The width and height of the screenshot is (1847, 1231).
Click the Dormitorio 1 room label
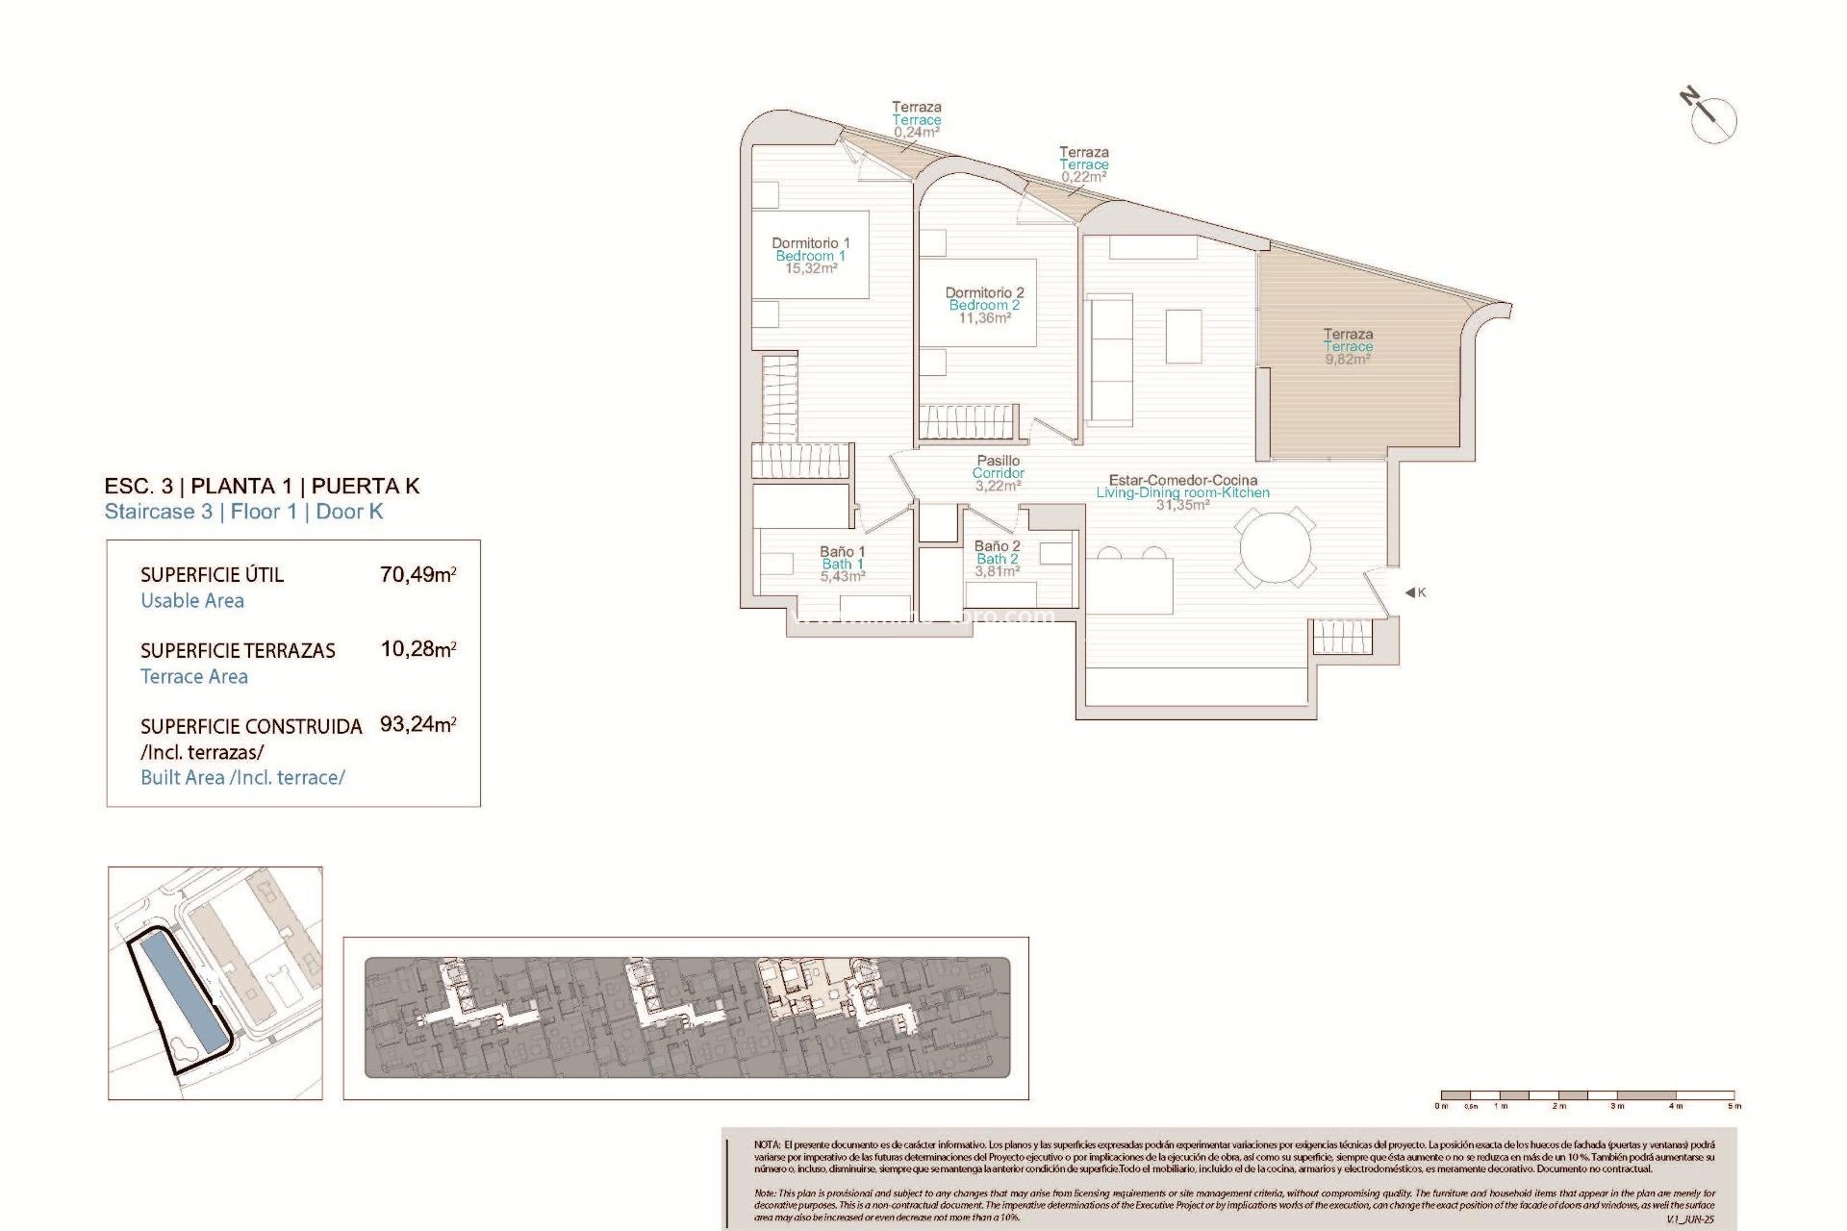(810, 243)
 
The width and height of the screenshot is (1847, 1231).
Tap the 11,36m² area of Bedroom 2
(984, 318)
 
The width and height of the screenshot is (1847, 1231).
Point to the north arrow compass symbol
(1711, 119)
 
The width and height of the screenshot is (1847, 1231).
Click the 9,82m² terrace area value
(1347, 360)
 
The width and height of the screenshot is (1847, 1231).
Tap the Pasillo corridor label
(998, 461)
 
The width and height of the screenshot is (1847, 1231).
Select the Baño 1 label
(842, 552)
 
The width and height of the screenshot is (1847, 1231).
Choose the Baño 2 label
(997, 546)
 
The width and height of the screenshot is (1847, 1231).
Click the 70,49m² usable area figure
(417, 575)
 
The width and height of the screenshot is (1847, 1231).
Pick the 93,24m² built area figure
(417, 724)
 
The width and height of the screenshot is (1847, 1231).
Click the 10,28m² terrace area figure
(417, 649)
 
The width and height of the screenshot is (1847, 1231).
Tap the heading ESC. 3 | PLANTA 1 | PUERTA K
(262, 486)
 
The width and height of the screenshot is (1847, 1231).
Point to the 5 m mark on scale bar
(1734, 1106)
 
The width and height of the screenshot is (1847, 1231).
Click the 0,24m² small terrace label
(916, 133)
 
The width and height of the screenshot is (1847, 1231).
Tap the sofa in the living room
(1110, 360)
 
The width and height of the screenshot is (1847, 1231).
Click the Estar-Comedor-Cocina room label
(1182, 480)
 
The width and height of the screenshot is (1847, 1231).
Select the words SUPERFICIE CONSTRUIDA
(251, 727)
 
